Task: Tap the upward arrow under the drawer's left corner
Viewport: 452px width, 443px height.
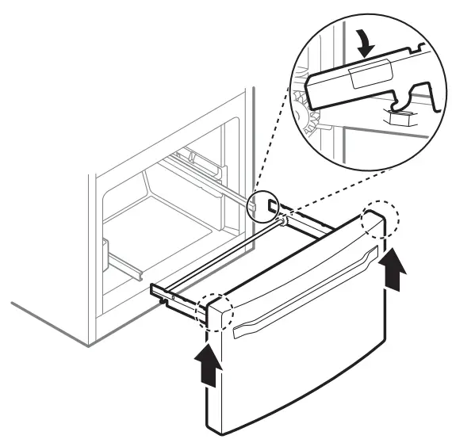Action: click(x=207, y=365)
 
